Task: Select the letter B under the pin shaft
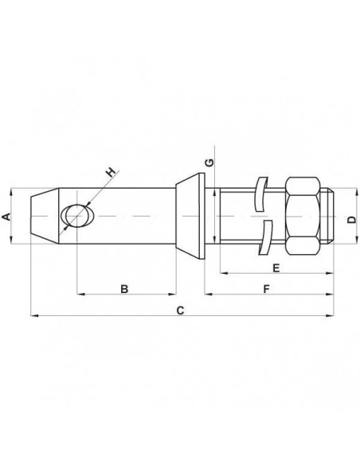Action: point(123,287)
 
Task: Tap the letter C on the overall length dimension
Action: point(180,310)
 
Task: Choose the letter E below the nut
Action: point(276,265)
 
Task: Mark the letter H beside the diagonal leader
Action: point(112,170)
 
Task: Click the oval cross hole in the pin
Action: point(77,217)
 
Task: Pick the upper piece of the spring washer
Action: point(260,195)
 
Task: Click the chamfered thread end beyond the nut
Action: point(330,217)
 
